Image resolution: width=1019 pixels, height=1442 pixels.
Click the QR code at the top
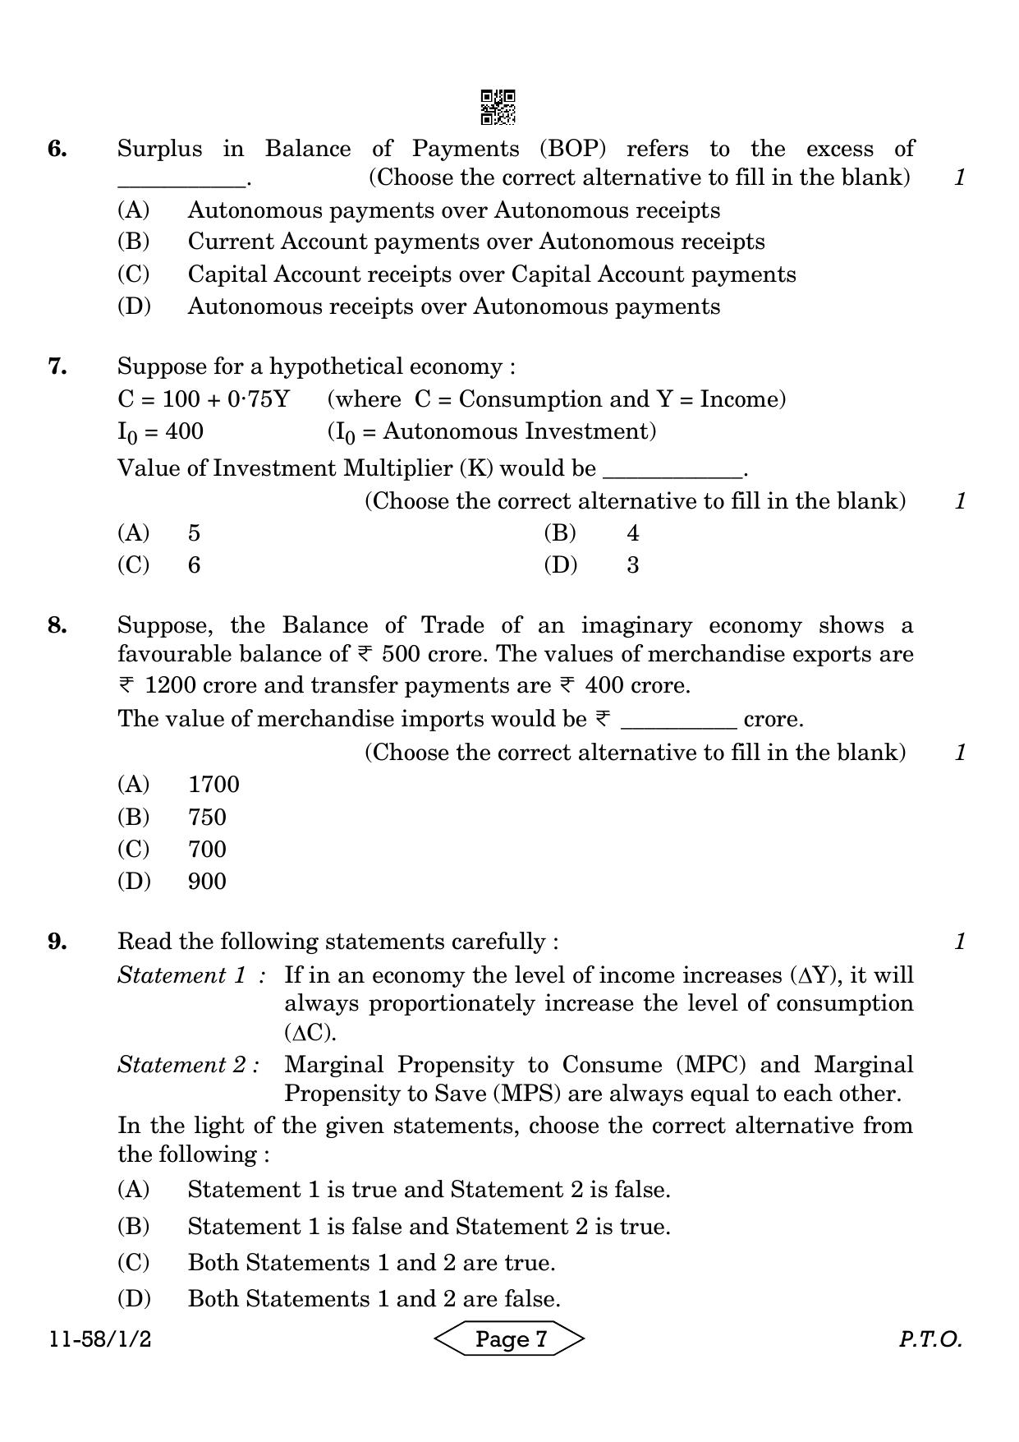[x=498, y=107]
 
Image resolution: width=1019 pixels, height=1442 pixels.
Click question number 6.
[x=57, y=149]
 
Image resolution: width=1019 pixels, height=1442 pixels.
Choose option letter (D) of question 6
[x=134, y=306]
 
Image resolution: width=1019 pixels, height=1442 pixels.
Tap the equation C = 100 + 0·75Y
[x=204, y=399]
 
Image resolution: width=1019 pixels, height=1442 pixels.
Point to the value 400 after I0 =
[x=184, y=431]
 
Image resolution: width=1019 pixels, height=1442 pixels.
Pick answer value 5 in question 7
[x=194, y=533]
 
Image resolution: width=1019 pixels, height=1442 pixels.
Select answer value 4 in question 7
[x=632, y=533]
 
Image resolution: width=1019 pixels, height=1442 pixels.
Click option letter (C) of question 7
[x=134, y=565]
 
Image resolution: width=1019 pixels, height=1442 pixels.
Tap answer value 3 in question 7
[x=632, y=565]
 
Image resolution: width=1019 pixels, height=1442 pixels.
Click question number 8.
[x=57, y=625]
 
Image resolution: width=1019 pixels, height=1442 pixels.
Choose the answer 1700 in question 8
[x=213, y=785]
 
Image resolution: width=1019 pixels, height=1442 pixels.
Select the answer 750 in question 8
[x=207, y=817]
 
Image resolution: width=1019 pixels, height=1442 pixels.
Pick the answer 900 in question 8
[x=207, y=882]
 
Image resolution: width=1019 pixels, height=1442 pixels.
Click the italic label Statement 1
[x=181, y=975]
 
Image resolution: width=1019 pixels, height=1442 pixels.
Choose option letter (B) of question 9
[x=134, y=1227]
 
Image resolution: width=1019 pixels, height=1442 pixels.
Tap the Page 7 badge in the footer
[x=510, y=1339]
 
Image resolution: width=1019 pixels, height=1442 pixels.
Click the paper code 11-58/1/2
[x=100, y=1339]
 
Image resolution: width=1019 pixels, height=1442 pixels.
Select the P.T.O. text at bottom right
[x=929, y=1339]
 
